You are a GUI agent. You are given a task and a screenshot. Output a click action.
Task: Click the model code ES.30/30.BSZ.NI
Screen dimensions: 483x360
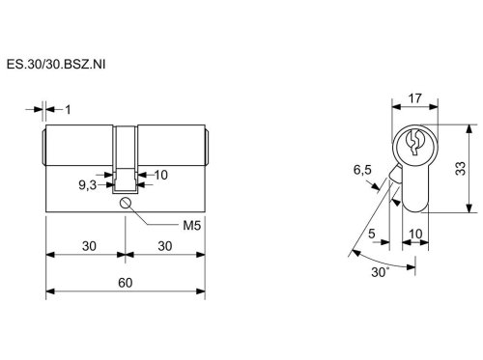(56, 65)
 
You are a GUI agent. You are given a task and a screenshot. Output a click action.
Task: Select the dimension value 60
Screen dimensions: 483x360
(126, 283)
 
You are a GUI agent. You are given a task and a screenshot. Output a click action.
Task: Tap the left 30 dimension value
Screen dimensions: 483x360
(89, 246)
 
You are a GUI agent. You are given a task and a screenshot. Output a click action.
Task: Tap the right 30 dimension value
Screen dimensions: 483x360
(165, 246)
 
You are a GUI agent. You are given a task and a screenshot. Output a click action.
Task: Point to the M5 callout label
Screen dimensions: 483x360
(192, 226)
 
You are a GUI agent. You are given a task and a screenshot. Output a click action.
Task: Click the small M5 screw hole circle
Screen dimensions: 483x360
(125, 203)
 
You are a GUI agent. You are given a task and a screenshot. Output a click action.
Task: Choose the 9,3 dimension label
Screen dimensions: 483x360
(88, 185)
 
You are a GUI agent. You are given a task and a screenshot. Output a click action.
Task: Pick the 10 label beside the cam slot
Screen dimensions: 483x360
(161, 175)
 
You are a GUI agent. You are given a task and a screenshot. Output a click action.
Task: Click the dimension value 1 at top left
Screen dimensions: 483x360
(68, 110)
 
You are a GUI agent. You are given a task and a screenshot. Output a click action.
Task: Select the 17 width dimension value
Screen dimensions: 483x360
(414, 98)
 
